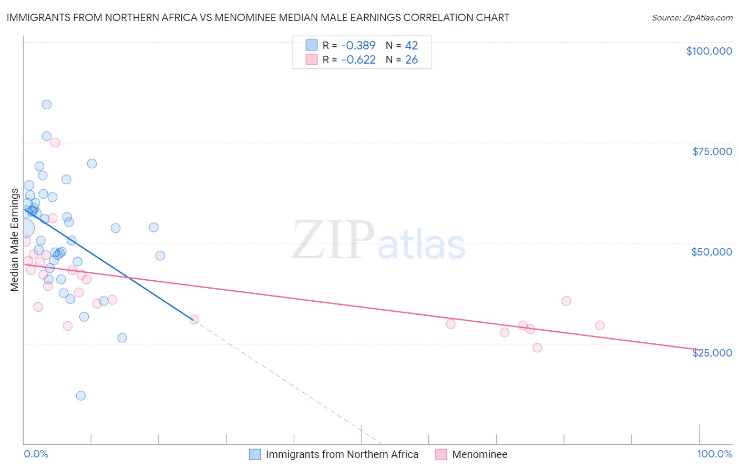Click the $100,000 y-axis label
click(709, 51)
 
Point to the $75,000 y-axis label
click(712, 151)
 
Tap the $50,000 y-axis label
click(711, 252)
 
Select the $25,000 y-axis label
click(712, 352)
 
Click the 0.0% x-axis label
click(36, 454)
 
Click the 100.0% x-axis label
click(714, 454)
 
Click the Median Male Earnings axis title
click(15, 239)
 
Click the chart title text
click(258, 17)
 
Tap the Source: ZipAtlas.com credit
click(692, 18)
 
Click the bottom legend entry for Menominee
click(479, 454)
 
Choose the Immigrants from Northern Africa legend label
click(342, 454)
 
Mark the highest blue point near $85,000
click(47, 105)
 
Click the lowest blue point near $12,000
click(81, 395)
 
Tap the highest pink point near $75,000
click(55, 142)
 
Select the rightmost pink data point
click(600, 325)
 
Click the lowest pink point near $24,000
click(537, 348)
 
